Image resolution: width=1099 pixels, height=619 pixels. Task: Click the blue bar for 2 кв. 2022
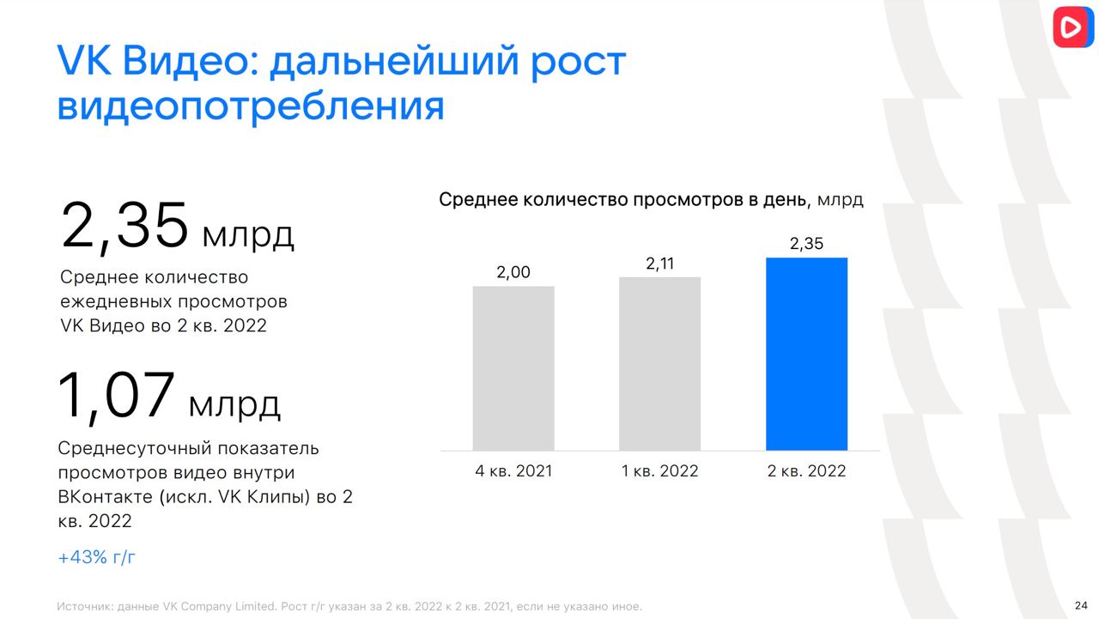pyautogui.click(x=806, y=354)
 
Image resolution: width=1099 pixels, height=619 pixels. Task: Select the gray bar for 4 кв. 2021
pyautogui.click(x=513, y=367)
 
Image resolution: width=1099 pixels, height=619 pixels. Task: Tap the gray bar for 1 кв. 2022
pyautogui.click(x=660, y=363)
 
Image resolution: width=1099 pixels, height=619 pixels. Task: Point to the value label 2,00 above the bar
pyautogui.click(x=513, y=272)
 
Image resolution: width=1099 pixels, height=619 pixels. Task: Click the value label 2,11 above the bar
pyautogui.click(x=660, y=264)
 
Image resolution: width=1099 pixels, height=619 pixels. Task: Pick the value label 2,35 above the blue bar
pyautogui.click(x=806, y=243)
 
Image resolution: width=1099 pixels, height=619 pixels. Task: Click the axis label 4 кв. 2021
pyautogui.click(x=513, y=470)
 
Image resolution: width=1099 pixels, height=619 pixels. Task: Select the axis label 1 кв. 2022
pyautogui.click(x=660, y=470)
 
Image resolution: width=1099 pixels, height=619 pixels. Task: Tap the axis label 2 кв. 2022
pyautogui.click(x=806, y=470)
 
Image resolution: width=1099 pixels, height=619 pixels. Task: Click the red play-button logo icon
pyautogui.click(x=1072, y=27)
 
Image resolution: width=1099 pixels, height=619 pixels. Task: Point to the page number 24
pyautogui.click(x=1081, y=605)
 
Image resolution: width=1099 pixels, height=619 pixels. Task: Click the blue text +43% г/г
pyautogui.click(x=96, y=557)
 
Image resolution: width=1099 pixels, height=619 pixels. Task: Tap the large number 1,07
pyautogui.click(x=116, y=395)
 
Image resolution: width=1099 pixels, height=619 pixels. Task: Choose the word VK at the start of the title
pyautogui.click(x=84, y=60)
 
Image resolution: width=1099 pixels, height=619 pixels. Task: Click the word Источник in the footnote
pyautogui.click(x=83, y=607)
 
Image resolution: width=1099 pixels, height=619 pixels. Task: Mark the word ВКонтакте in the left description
pyautogui.click(x=106, y=497)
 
